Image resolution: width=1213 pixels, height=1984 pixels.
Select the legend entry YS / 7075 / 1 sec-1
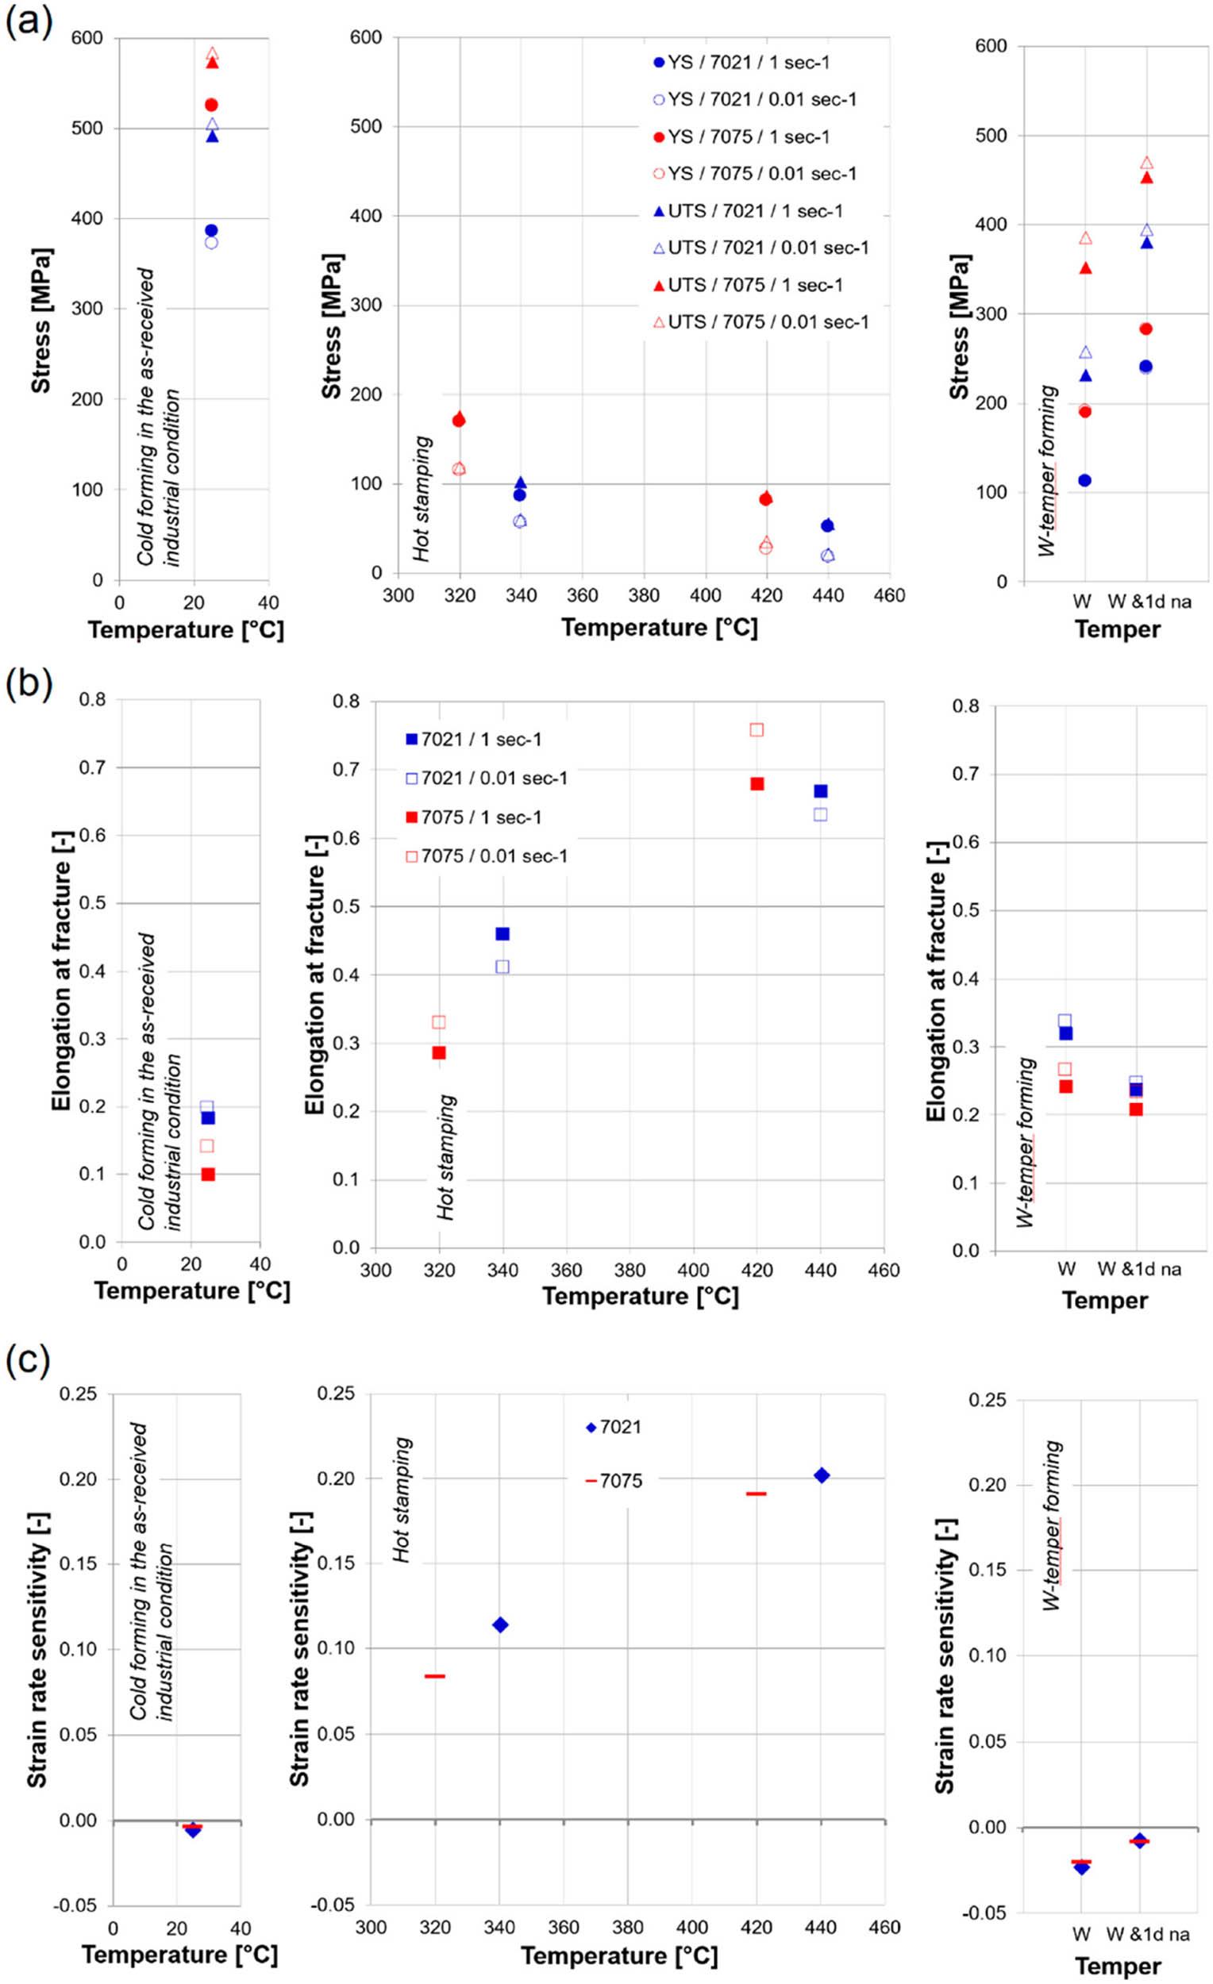point(741,136)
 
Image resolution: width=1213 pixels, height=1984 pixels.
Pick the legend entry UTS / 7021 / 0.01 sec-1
point(761,248)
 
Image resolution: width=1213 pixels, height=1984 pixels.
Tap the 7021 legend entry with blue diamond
point(614,1428)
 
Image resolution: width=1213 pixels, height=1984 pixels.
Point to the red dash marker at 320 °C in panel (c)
point(435,1676)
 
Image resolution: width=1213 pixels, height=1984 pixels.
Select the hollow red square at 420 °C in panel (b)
point(757,729)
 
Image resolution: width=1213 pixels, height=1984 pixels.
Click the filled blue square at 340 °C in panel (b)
point(503,934)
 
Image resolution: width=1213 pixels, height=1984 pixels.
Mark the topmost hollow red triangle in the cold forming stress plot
point(213,54)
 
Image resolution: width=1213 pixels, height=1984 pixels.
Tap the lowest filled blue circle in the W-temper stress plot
point(1084,481)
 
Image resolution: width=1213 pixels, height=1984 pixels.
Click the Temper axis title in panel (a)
point(1117,629)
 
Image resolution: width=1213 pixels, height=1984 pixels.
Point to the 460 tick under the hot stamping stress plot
point(889,596)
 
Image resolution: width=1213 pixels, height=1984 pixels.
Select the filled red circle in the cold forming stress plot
point(211,105)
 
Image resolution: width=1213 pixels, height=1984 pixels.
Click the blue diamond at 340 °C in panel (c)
point(500,1624)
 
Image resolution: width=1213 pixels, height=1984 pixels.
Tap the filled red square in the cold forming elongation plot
point(208,1174)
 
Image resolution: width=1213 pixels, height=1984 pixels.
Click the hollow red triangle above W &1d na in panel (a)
point(1147,163)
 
